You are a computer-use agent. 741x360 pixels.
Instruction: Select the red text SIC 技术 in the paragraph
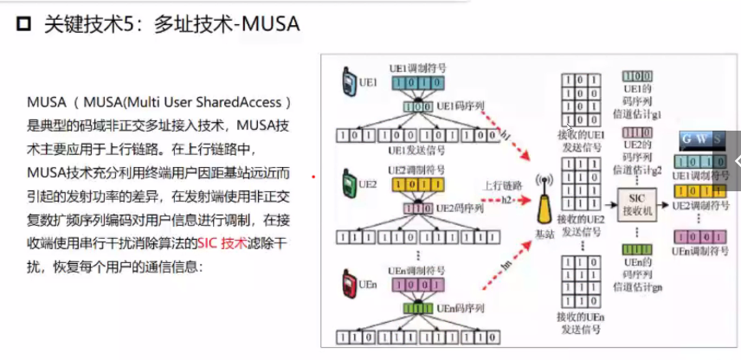pos(222,244)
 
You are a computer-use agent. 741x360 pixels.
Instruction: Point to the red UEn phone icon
pos(348,283)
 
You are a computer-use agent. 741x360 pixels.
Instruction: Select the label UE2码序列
pos(457,208)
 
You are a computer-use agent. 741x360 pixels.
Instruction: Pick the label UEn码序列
pos(455,306)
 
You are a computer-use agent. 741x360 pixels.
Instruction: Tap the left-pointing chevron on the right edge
pos(735,161)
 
